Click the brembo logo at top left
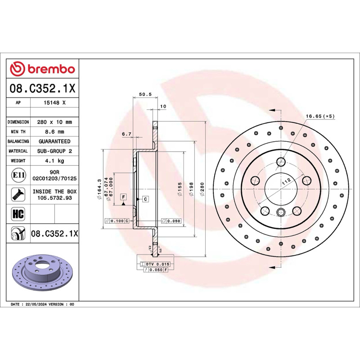tap(42, 69)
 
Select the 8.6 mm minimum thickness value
tap(54, 132)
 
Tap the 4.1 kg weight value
tap(54, 161)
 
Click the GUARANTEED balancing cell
tap(54, 141)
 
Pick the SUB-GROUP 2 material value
tap(54, 151)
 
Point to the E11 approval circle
tap(18, 175)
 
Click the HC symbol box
tap(18, 214)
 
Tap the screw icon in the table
tap(18, 194)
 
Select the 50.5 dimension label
tap(145, 94)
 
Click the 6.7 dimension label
tap(126, 134)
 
